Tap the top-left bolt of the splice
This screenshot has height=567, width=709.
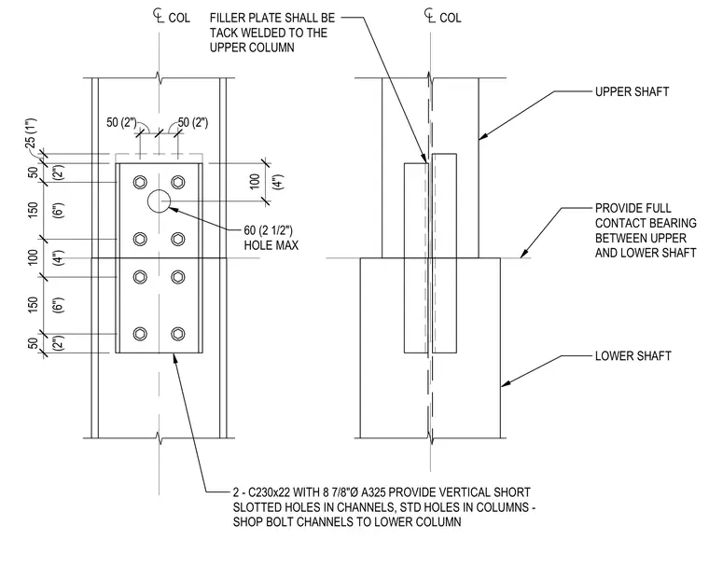point(140,182)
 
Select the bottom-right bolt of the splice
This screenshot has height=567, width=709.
point(178,334)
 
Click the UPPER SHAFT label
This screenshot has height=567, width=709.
point(632,91)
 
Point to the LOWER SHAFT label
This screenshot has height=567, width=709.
point(633,356)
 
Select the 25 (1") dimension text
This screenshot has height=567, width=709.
point(31,133)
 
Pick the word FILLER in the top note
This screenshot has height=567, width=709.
point(228,18)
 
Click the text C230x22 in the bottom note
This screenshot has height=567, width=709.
point(268,492)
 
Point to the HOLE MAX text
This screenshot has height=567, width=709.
point(271,245)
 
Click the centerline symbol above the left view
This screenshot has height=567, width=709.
point(158,17)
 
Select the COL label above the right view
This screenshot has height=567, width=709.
point(451,18)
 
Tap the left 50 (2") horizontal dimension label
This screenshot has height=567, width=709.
point(121,122)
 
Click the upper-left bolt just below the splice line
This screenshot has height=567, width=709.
point(140,277)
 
